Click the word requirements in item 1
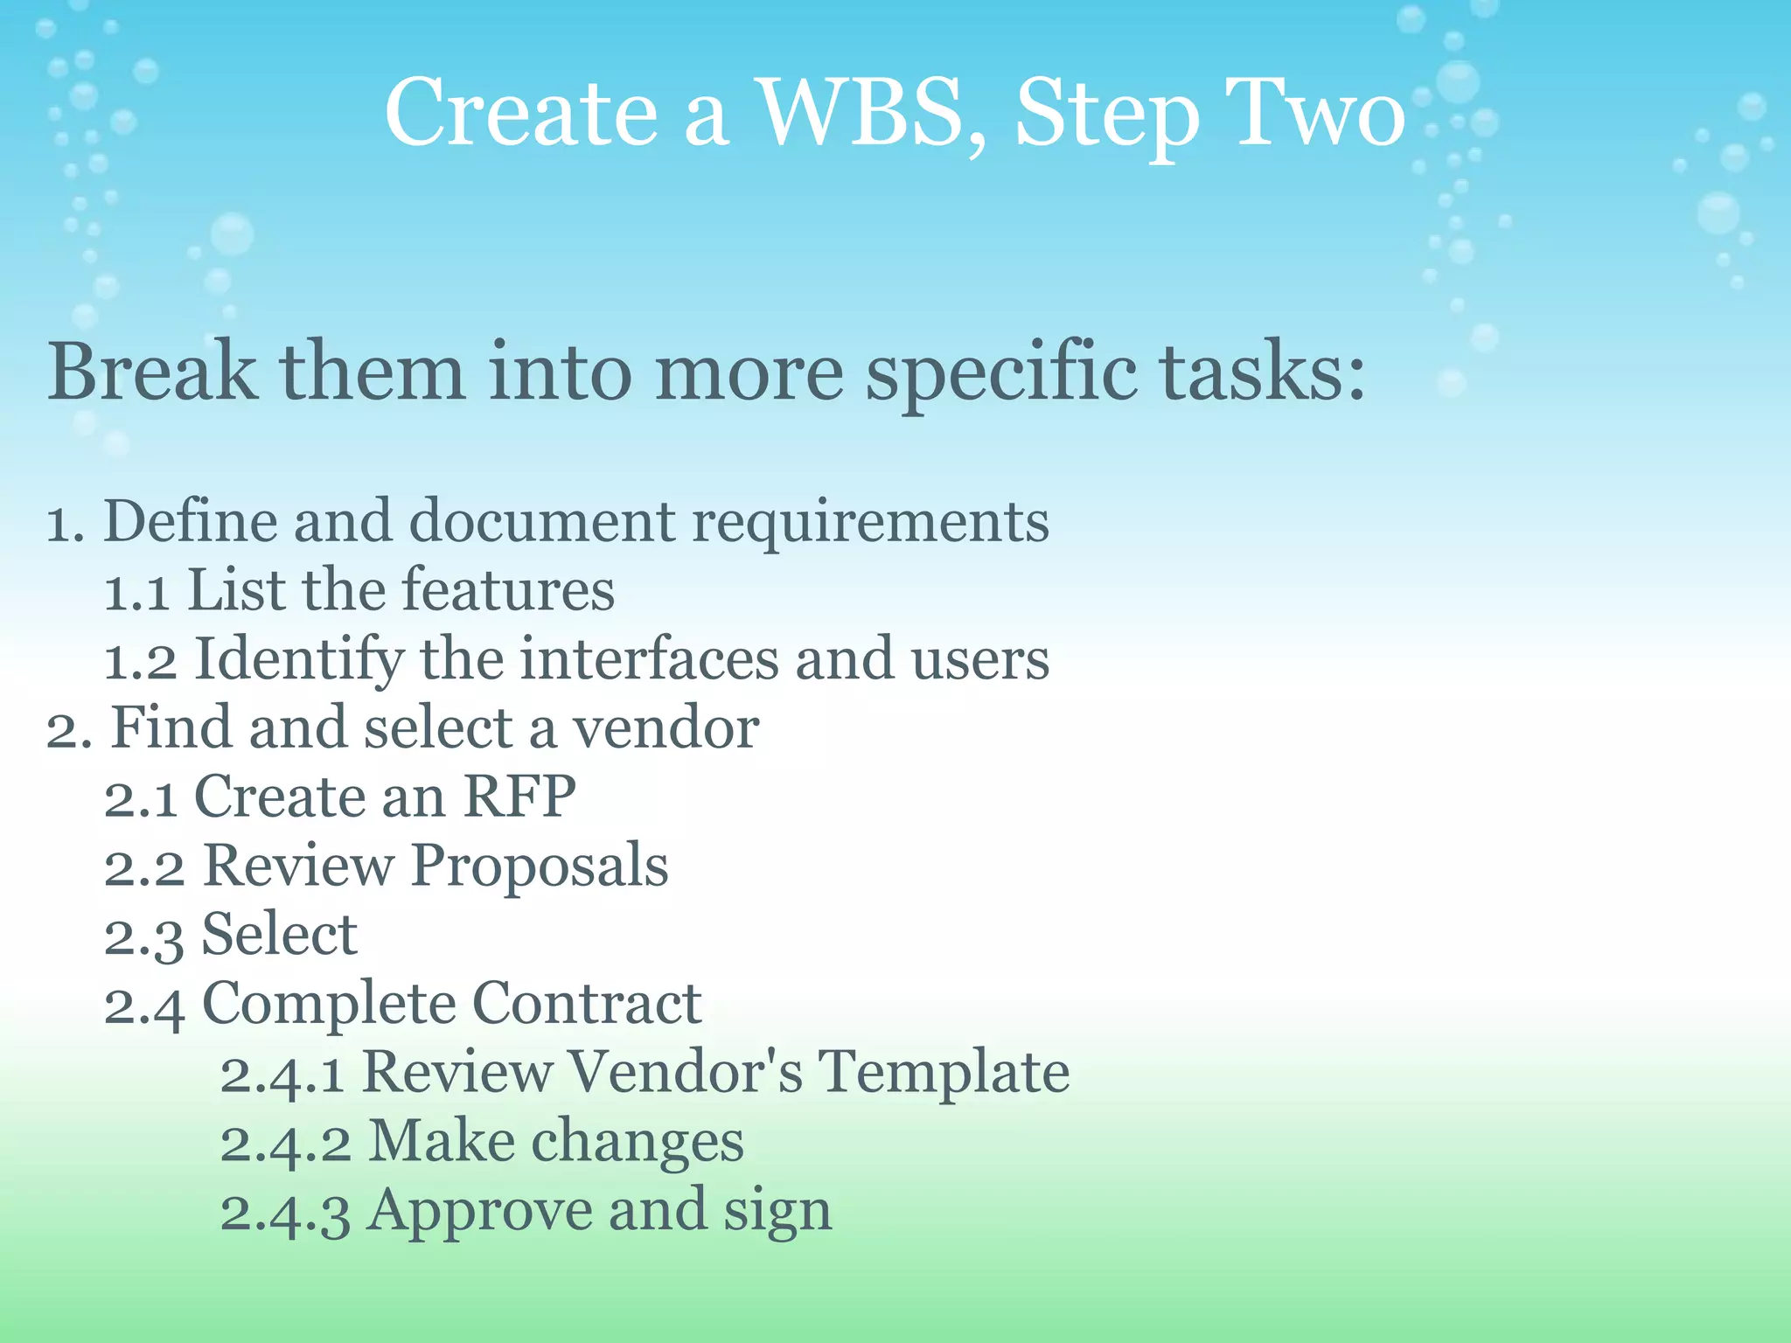click(x=870, y=523)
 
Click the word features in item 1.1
click(x=508, y=590)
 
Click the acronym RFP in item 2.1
click(x=519, y=797)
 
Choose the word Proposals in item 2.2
click(x=540, y=866)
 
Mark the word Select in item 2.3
click(x=279, y=935)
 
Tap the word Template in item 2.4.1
click(x=943, y=1073)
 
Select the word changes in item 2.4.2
click(x=638, y=1142)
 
